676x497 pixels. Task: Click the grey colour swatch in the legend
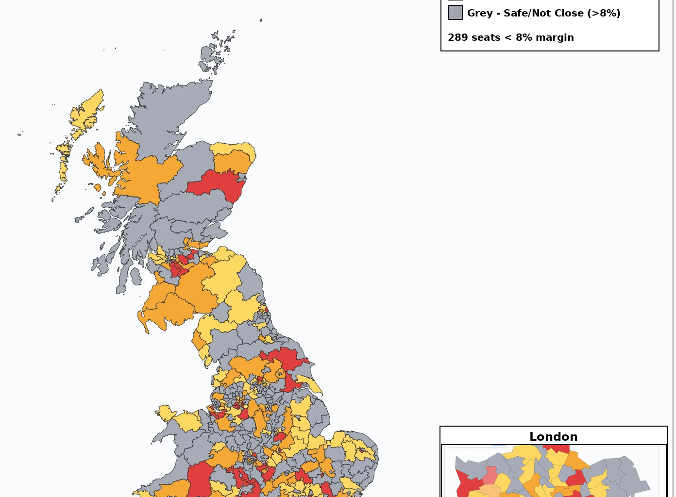tap(455, 13)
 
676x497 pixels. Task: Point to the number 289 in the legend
tap(459, 37)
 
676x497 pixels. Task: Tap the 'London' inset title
tap(553, 436)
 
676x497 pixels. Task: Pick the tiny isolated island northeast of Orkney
tap(261, 20)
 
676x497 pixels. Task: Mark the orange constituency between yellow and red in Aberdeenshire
tap(231, 162)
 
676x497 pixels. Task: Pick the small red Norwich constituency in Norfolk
tap(361, 450)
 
